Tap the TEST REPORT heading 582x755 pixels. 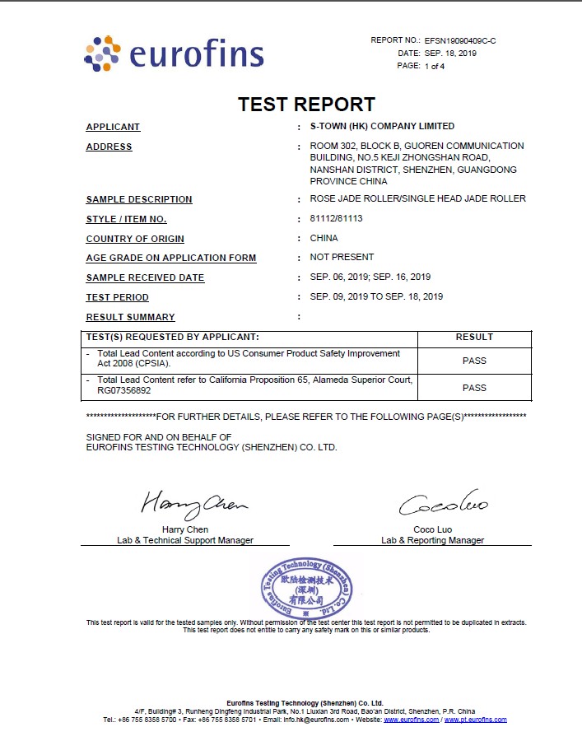306,105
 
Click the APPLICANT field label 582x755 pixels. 113,127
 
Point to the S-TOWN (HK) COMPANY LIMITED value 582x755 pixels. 382,126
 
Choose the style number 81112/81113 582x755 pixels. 336,218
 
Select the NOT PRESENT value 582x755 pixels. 342,257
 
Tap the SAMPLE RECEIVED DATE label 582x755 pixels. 145,277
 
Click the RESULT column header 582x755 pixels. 474,337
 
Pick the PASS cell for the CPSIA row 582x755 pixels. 474,361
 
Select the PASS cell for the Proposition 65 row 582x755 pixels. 474,388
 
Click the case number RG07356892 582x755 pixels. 123,392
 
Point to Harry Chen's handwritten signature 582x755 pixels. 193,501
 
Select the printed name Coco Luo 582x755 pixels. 432,529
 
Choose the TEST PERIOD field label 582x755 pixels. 118,297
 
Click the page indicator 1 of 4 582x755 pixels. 435,66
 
